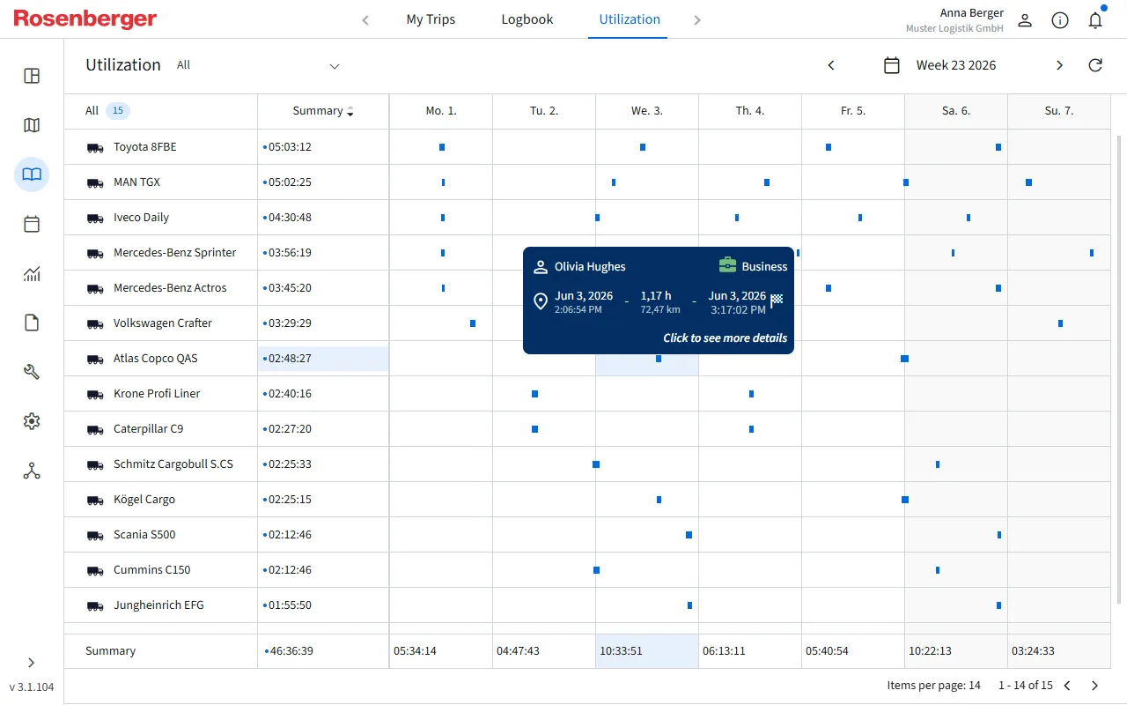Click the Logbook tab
pyautogui.click(x=527, y=19)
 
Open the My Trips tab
pyautogui.click(x=431, y=19)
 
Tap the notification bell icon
pyautogui.click(x=1095, y=20)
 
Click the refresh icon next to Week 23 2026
pyautogui.click(x=1095, y=65)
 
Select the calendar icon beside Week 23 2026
pyautogui.click(x=892, y=65)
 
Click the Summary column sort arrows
pyautogui.click(x=350, y=111)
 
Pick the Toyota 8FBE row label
pyautogui.click(x=145, y=146)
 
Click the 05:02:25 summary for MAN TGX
pyautogui.click(x=290, y=182)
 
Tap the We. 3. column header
pyautogui.click(x=647, y=111)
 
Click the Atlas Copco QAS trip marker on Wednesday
pyautogui.click(x=659, y=359)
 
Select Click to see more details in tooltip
pyautogui.click(x=725, y=338)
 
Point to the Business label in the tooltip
pyautogui.click(x=764, y=266)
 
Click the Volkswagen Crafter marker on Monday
pyautogui.click(x=473, y=323)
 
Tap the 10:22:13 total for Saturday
pyautogui.click(x=930, y=650)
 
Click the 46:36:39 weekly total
pyautogui.click(x=291, y=650)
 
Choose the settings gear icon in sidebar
pyautogui.click(x=32, y=421)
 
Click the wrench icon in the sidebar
pyautogui.click(x=32, y=372)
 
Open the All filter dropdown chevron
pyautogui.click(x=335, y=66)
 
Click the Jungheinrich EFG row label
pyautogui.click(x=158, y=605)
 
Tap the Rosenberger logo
pyautogui.click(x=85, y=19)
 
